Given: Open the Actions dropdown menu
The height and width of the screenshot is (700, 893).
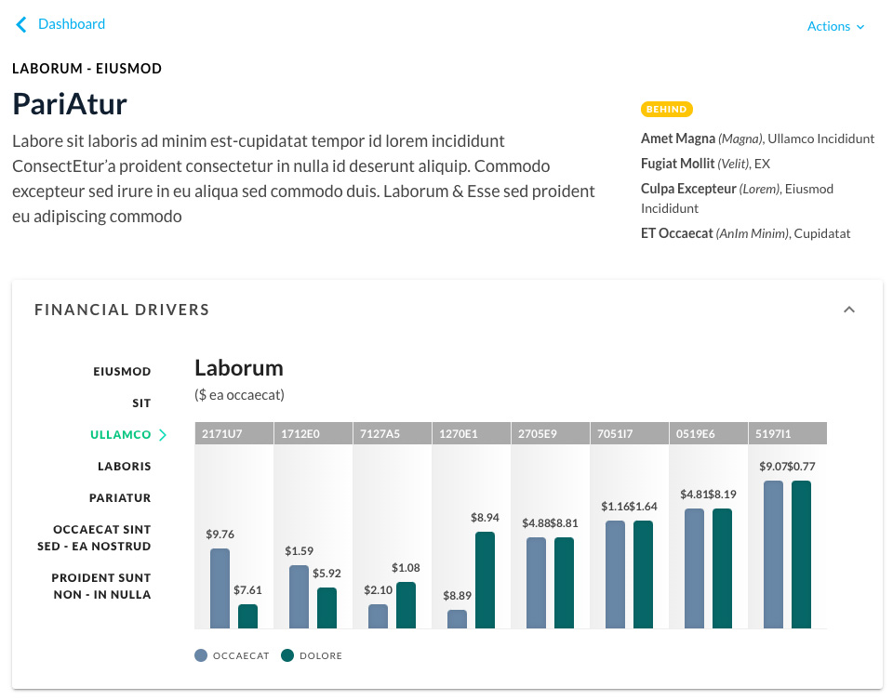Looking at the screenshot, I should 835,27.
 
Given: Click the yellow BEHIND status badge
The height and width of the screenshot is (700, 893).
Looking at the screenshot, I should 667,110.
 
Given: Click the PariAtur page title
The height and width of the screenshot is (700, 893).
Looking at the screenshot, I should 70,103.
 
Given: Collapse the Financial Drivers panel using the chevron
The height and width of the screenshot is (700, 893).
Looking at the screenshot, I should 848,310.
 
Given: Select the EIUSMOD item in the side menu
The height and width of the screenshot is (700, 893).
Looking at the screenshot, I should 122,372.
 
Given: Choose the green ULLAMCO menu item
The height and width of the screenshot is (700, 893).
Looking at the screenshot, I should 121,435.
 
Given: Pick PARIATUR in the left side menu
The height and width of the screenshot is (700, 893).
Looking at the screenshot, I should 120,498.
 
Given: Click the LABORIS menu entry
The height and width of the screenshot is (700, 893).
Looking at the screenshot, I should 124,467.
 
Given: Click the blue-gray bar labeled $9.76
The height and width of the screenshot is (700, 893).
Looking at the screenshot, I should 220,588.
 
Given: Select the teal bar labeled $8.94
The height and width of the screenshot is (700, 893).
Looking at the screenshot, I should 485,580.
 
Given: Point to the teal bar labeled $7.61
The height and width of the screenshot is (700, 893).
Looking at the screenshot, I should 247,616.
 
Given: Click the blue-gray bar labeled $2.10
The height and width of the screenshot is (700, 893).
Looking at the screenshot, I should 378,616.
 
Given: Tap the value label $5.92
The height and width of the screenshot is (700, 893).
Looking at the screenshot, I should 327,574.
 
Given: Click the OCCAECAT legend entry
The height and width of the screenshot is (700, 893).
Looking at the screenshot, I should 232,655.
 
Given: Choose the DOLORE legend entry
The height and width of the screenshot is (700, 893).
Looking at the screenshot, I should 312,655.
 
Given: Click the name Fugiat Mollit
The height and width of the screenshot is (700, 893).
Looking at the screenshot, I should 677,164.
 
